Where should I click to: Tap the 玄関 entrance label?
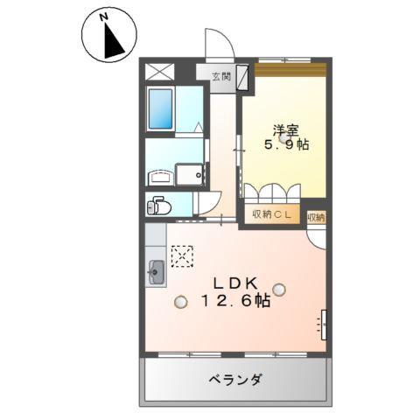(220, 75)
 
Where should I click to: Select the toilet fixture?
(160, 206)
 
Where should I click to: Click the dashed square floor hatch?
(184, 255)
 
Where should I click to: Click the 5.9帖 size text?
(287, 144)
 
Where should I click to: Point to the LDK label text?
(233, 283)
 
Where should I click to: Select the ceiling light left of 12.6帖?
(180, 303)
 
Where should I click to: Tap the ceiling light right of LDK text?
(278, 289)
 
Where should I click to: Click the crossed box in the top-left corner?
(159, 72)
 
